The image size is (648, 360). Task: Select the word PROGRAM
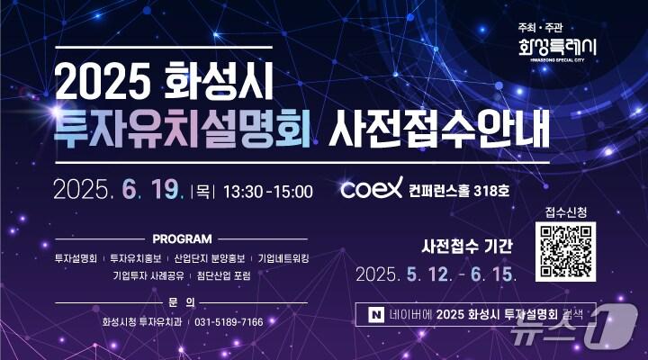tap(183, 239)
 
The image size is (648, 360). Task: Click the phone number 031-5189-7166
tap(229, 321)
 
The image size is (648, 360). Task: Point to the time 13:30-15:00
tap(267, 191)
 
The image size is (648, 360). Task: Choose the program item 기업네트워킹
tap(283, 257)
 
